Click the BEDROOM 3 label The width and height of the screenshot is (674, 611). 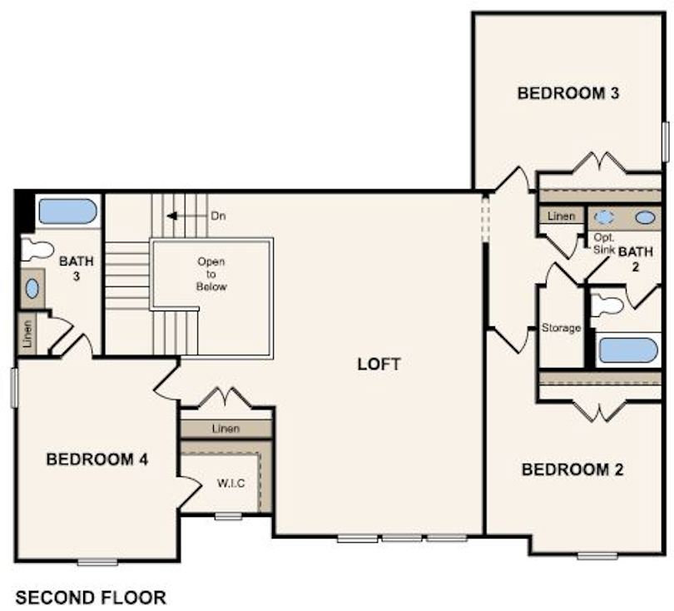coord(567,92)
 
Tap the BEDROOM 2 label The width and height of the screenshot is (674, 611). coord(572,469)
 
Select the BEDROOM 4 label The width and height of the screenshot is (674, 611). coord(97,459)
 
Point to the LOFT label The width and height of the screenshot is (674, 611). coord(379,364)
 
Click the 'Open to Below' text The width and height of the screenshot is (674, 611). coord(211,274)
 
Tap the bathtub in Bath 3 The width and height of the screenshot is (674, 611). coord(67,211)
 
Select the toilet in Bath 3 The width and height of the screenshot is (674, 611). coord(37,249)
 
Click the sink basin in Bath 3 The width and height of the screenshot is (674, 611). coord(32,288)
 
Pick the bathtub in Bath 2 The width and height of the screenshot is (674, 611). coord(628,350)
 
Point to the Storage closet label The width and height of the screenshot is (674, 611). coord(561,328)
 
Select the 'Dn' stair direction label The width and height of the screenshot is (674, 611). coord(218,216)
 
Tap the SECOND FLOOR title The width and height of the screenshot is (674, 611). coord(91,597)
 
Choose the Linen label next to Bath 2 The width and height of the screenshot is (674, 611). coord(562,216)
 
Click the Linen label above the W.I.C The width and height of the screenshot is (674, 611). coord(225,429)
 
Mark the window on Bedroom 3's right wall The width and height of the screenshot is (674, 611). coord(665,141)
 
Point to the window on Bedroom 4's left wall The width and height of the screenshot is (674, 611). coord(14,388)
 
